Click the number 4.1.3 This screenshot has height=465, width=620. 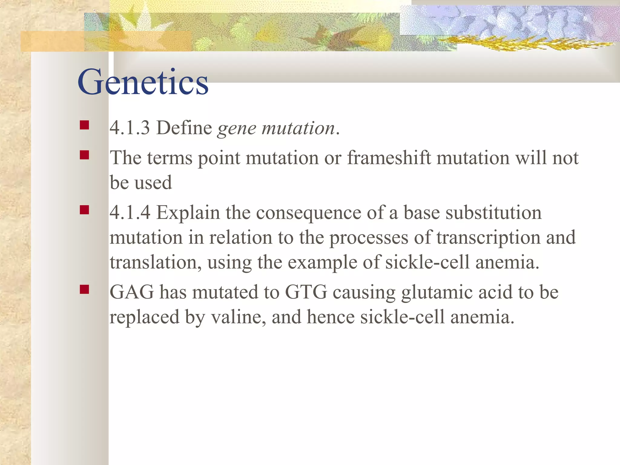130,128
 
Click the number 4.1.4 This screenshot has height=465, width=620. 130,213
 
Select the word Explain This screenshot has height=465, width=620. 188,213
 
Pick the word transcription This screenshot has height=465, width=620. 488,238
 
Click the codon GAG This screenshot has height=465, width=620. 132,292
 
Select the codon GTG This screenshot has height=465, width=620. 306,292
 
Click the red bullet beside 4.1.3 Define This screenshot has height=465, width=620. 84,125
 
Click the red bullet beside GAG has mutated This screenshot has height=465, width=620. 84,289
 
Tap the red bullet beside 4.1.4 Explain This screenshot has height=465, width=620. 84,210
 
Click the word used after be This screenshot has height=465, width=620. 153,183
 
